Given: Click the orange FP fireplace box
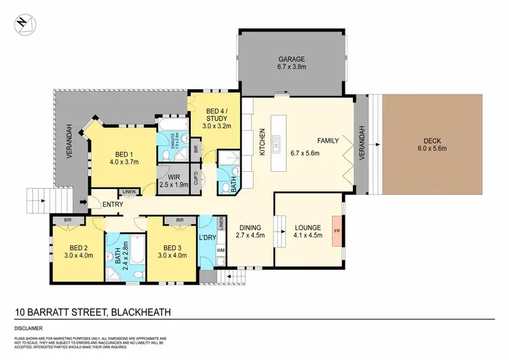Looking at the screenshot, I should tap(337, 232).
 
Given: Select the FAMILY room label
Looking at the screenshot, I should tap(328, 140).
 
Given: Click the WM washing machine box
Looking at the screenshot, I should tap(220, 251).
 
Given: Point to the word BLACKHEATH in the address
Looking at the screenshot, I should tap(139, 312).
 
